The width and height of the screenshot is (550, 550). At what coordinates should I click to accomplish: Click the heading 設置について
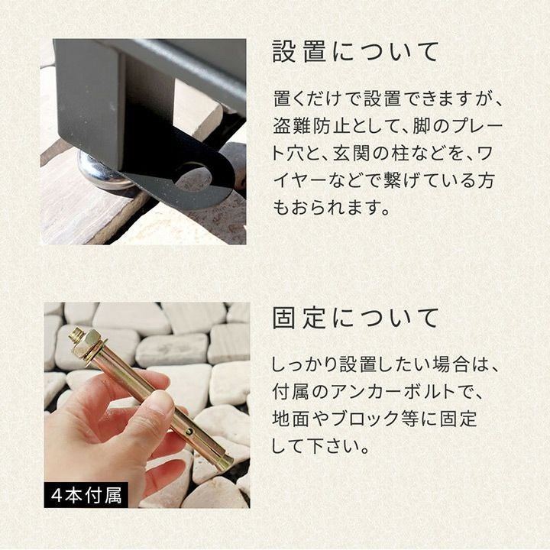click(x=355, y=52)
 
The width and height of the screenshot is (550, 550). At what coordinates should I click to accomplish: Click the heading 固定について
click(x=355, y=318)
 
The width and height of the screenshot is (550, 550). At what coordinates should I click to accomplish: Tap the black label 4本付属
click(x=86, y=496)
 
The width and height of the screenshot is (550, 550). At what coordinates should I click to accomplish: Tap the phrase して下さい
click(x=315, y=445)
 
